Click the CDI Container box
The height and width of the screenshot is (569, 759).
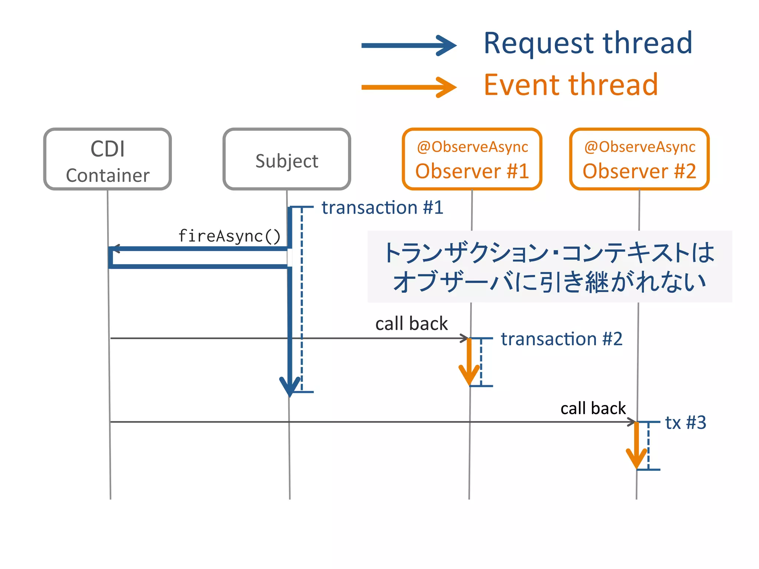tap(107, 159)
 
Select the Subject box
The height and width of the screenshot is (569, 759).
tap(286, 159)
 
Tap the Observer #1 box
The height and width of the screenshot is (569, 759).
tap(472, 159)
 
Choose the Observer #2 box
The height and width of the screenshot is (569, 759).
tap(639, 159)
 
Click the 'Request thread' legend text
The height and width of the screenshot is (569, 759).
tap(588, 43)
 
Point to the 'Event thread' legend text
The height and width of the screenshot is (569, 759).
tap(571, 85)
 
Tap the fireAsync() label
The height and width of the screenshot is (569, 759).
tap(229, 236)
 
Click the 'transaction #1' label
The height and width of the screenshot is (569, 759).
tap(382, 207)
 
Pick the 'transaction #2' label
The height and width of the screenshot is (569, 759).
tap(561, 339)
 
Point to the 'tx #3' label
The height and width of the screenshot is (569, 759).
tap(685, 422)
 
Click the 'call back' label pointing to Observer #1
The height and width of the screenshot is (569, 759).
tap(411, 324)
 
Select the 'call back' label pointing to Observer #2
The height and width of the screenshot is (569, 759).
tap(593, 408)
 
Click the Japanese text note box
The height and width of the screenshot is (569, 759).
tap(550, 267)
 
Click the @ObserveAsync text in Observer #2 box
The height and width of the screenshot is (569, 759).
tap(639, 147)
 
